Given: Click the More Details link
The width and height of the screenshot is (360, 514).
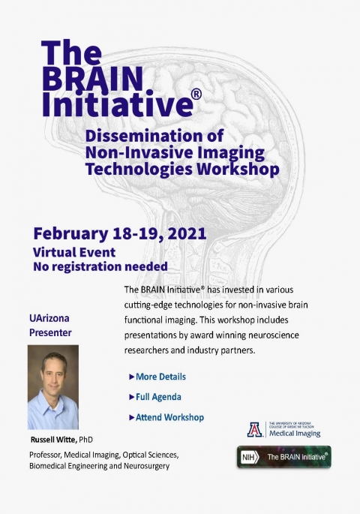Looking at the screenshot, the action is (x=160, y=377).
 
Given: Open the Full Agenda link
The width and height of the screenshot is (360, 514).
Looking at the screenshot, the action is (x=158, y=397).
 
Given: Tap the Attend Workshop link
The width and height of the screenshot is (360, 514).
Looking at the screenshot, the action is (x=169, y=417).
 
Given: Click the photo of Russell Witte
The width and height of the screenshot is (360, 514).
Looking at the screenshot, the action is (x=53, y=387).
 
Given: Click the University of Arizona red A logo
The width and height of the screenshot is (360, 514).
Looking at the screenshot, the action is (x=255, y=429).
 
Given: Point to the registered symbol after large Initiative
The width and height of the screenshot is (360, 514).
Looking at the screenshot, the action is (x=196, y=95).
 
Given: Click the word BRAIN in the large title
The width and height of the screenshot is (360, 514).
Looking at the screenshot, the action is (x=93, y=80).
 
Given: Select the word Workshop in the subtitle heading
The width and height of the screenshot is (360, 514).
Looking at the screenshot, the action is (x=238, y=169).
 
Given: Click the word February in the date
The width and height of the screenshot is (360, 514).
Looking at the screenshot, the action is (x=70, y=234).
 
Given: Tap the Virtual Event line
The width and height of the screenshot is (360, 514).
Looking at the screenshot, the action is (x=74, y=252).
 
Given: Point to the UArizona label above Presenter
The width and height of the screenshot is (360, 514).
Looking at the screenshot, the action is (x=49, y=318).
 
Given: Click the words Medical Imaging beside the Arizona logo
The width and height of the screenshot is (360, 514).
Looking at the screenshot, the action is (x=295, y=434).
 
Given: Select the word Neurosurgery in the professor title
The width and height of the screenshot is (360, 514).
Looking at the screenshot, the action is (x=146, y=466).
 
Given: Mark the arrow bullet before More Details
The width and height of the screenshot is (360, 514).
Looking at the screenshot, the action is (x=132, y=377).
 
